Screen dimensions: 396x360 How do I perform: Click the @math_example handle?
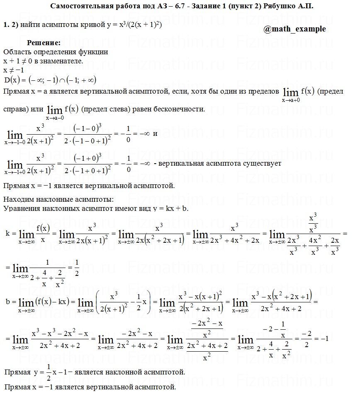tap(294, 29)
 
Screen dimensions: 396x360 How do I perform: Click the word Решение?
tap(44, 43)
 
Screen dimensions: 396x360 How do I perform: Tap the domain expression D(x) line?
tap(50, 80)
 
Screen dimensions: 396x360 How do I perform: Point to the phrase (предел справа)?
tap(330, 91)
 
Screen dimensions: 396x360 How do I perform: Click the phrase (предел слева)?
tap(102, 109)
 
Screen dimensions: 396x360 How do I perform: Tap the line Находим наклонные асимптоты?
tap(58, 200)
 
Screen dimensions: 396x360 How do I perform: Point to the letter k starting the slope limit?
tap(7, 233)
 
